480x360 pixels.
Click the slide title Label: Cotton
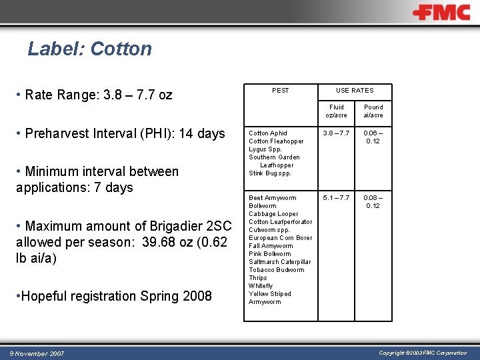(89, 49)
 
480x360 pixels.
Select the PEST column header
(281, 91)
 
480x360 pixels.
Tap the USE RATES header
(355, 91)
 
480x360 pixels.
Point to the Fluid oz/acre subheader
(336, 111)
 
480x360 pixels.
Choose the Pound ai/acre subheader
(373, 111)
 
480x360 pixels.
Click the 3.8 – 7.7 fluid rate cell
(336, 133)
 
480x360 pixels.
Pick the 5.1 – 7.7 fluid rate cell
(336, 198)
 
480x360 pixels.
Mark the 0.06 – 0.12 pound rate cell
(373, 137)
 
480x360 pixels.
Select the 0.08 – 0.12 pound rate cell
(373, 202)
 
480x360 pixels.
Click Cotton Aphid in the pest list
(268, 133)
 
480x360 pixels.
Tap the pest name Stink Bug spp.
(270, 173)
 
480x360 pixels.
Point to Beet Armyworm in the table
(272, 198)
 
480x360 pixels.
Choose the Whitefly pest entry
(261, 286)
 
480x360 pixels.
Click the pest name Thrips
(257, 278)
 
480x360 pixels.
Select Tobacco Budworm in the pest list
(276, 270)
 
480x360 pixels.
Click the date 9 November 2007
(37, 353)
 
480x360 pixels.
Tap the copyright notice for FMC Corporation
(423, 353)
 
